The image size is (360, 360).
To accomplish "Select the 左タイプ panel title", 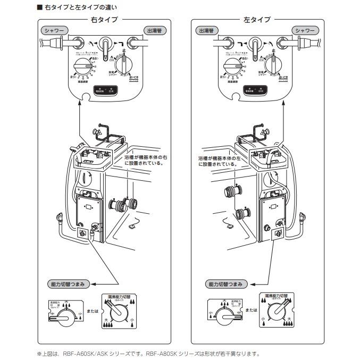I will pyautogui.click(x=257, y=20).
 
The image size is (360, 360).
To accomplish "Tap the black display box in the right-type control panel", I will pyautogui.click(x=105, y=91).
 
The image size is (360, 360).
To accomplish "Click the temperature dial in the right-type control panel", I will pyautogui.click(x=83, y=68).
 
